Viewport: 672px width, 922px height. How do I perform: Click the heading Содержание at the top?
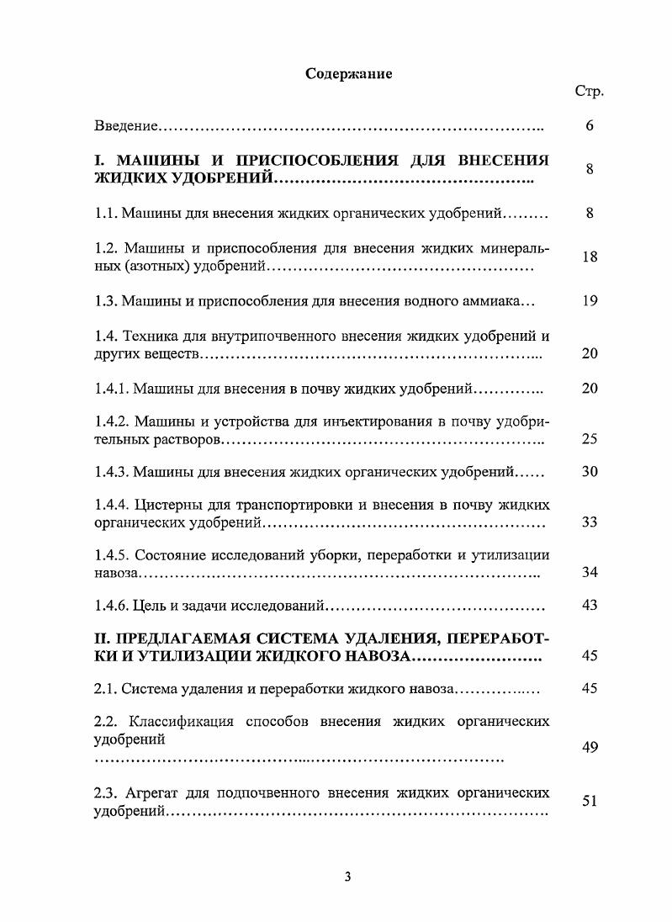348,73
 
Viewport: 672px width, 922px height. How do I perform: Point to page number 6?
590,126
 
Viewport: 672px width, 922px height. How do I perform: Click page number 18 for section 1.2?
590,257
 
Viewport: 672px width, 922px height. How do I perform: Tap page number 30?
590,472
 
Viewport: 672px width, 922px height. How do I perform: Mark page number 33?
590,522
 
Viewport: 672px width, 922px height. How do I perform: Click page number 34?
590,573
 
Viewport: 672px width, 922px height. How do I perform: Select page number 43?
590,606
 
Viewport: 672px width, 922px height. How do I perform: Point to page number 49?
590,747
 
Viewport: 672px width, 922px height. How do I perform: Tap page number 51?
590,802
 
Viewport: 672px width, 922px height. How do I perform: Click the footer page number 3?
347,877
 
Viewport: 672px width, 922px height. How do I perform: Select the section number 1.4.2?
110,421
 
